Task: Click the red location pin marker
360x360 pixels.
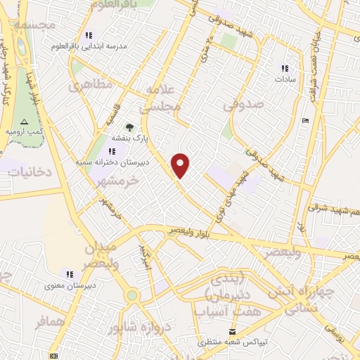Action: [181, 165]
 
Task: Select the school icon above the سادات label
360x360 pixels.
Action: [285, 68]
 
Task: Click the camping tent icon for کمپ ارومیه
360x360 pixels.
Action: [25, 121]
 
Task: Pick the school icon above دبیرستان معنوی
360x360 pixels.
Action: [69, 274]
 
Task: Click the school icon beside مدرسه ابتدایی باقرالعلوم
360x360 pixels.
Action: [89, 35]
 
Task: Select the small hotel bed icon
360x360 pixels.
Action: [304, 121]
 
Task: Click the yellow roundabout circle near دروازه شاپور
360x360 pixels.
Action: [132, 296]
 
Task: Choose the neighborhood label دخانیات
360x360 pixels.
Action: [27, 171]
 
